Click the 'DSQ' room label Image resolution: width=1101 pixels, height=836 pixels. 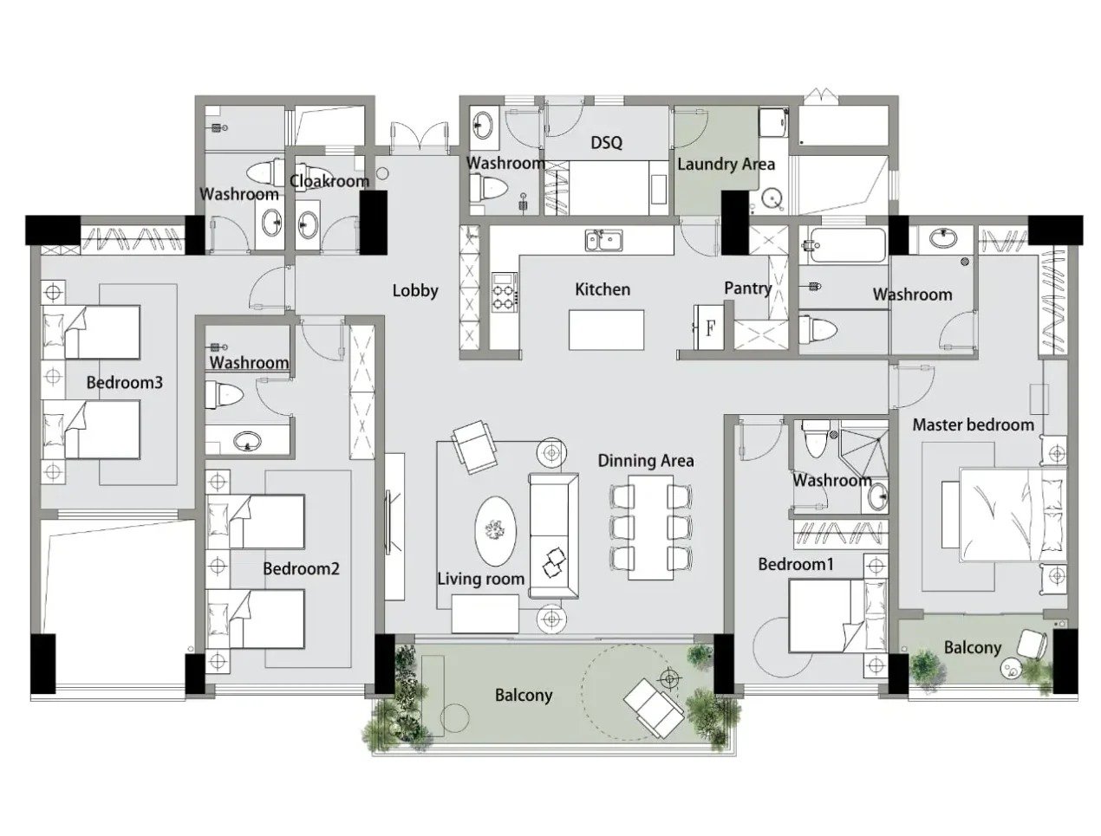(606, 143)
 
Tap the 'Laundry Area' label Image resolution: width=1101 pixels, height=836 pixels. (726, 165)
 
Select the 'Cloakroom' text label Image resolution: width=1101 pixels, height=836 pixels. (329, 181)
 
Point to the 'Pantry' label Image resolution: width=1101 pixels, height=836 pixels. (747, 288)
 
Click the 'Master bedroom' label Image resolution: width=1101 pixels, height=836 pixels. (973, 425)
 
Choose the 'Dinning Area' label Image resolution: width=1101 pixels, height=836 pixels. (646, 461)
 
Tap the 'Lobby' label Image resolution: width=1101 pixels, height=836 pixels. (415, 291)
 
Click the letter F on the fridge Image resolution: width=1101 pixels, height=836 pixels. (710, 329)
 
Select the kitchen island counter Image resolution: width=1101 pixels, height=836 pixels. (606, 330)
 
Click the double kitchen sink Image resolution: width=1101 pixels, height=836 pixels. (604, 240)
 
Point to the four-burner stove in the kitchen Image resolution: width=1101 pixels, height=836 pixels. (505, 292)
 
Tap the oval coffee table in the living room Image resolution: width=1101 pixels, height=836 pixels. (496, 531)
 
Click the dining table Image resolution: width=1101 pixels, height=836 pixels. (651, 528)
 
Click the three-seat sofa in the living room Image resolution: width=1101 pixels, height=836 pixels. (553, 535)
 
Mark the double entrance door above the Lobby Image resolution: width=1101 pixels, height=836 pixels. (418, 135)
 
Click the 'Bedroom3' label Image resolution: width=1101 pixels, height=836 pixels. (124, 383)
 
